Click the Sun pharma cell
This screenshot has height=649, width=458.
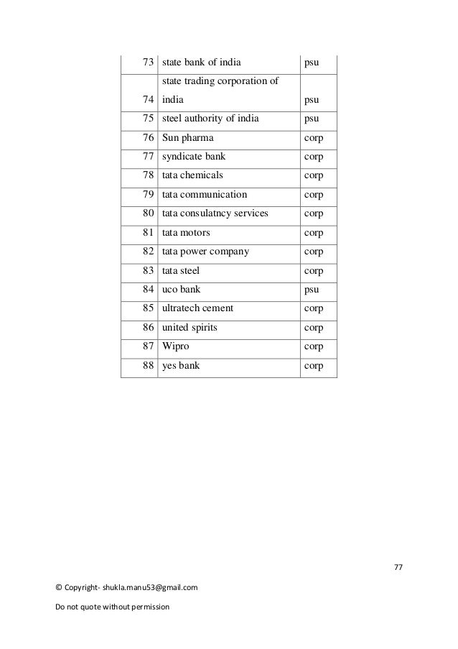point(187,137)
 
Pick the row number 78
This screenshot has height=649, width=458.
point(148,175)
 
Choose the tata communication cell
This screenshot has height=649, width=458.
point(205,195)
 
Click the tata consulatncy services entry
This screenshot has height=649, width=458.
point(215,213)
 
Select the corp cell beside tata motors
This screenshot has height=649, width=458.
point(314,233)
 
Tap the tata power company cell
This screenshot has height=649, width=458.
point(206,252)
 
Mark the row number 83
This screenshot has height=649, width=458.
point(148,271)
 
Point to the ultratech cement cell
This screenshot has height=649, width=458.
point(198,308)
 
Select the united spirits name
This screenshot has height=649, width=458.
point(190,328)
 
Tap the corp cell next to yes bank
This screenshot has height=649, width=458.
point(314,366)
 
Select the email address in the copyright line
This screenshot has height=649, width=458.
point(149,588)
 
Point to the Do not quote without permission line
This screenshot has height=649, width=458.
point(111,608)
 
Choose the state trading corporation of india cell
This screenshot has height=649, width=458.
point(220,90)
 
